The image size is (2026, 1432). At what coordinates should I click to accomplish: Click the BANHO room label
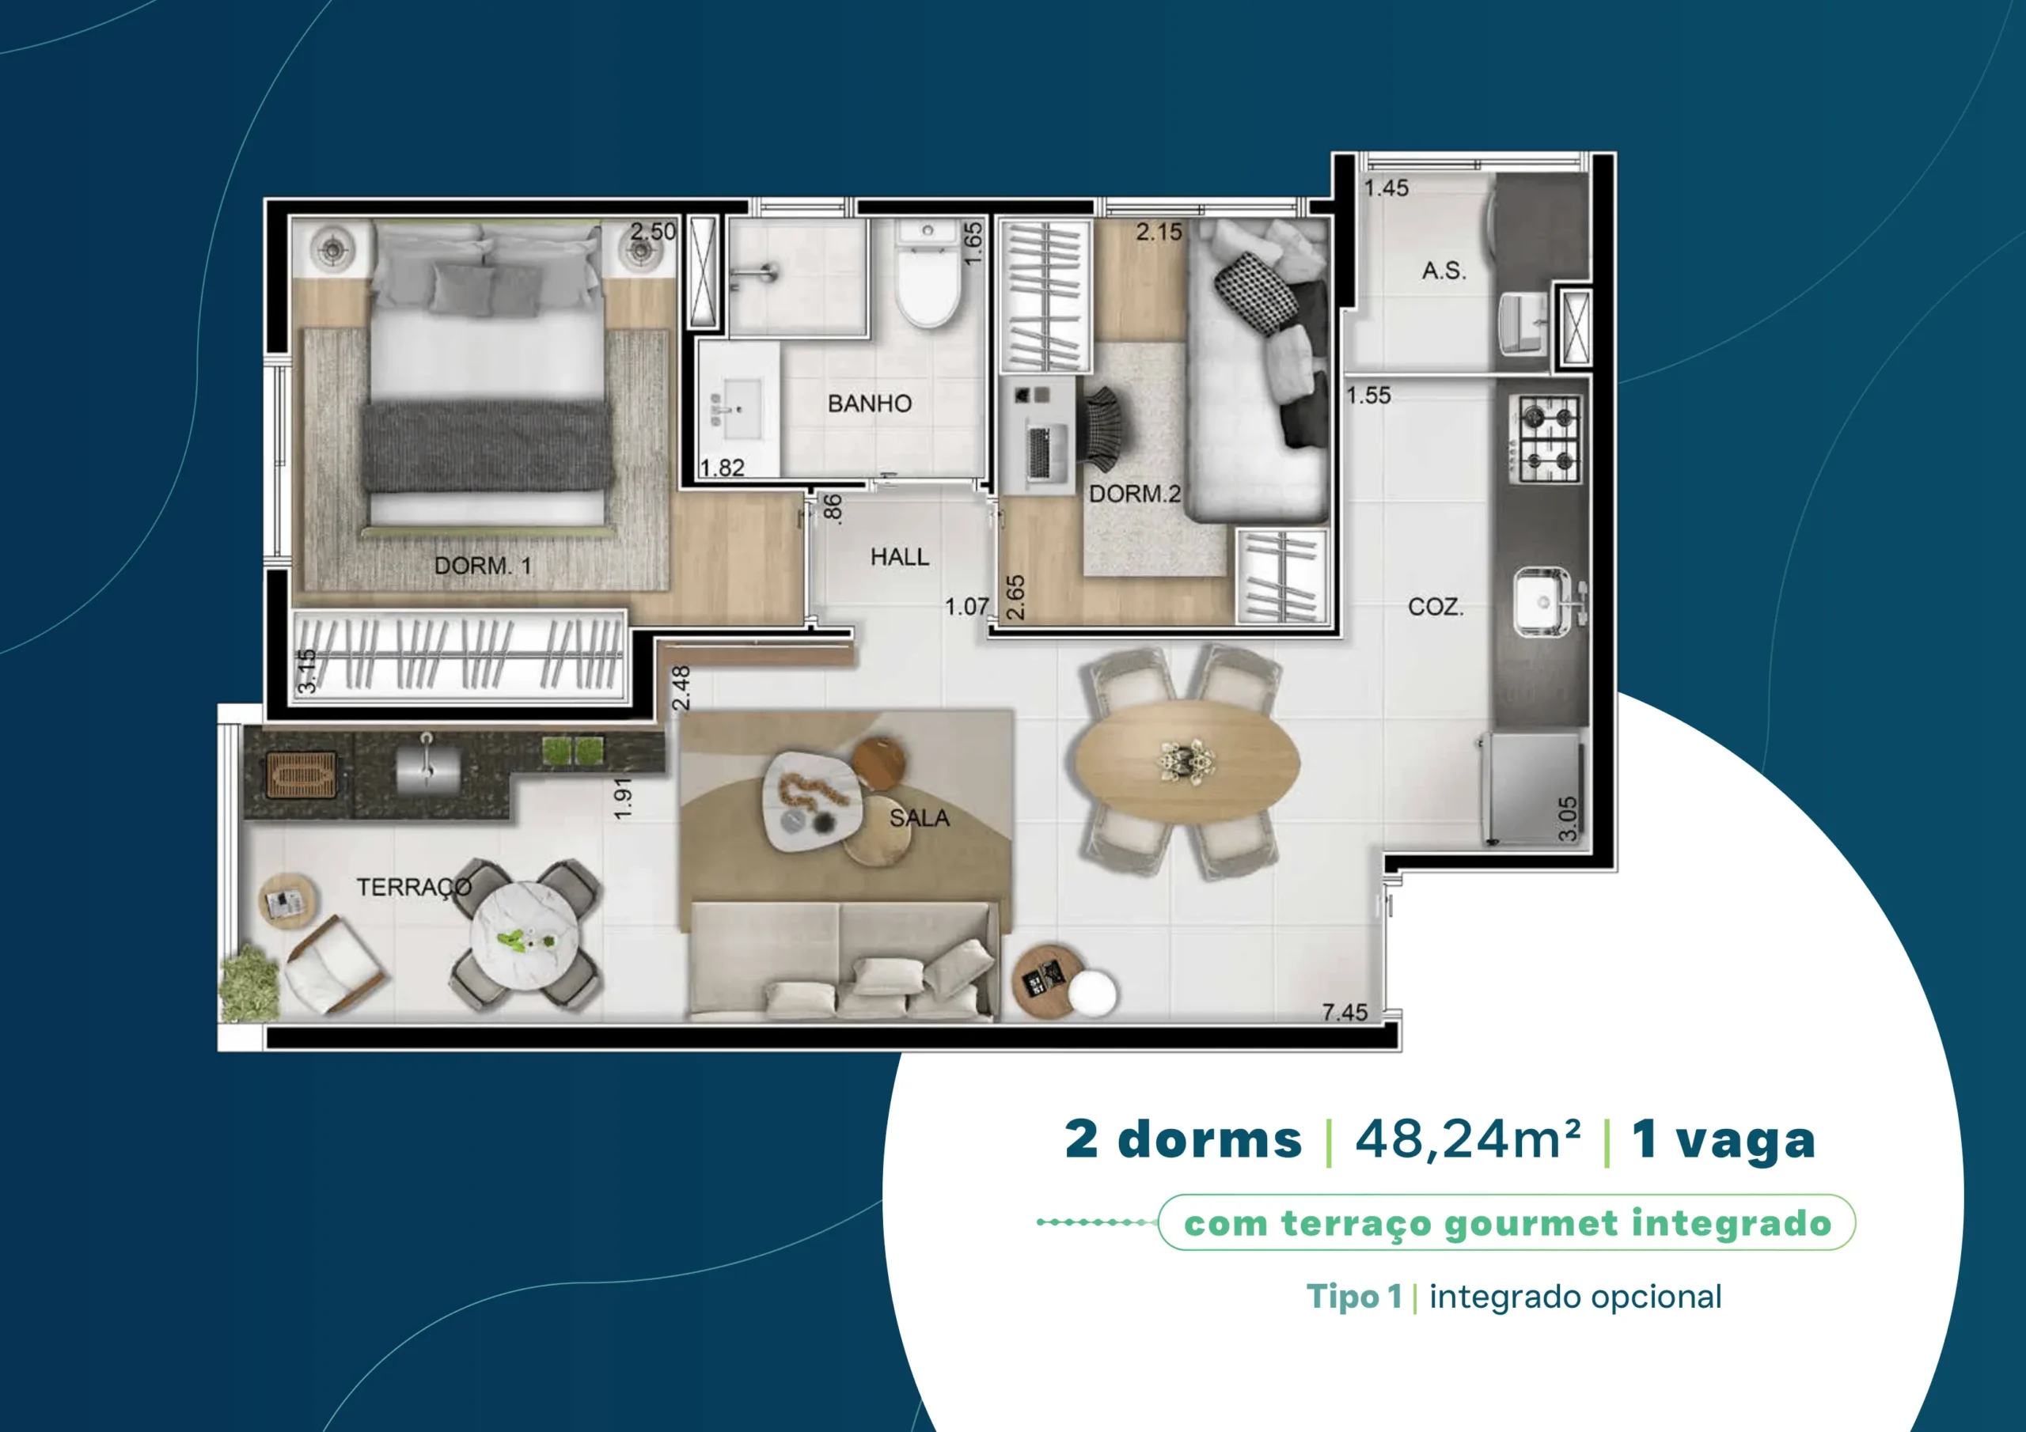pyautogui.click(x=869, y=403)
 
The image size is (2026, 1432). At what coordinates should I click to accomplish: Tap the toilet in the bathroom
pyautogui.click(x=928, y=274)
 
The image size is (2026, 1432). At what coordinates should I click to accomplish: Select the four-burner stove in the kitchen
pyautogui.click(x=1544, y=438)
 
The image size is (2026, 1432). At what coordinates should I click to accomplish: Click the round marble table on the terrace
pyautogui.click(x=525, y=935)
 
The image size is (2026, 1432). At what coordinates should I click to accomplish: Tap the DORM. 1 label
pyautogui.click(x=483, y=566)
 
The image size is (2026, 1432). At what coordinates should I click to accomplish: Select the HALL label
pyautogui.click(x=899, y=557)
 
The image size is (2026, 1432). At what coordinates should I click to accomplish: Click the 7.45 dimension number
pyautogui.click(x=1345, y=1012)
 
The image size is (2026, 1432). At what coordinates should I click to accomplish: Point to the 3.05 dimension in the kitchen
pyautogui.click(x=1567, y=819)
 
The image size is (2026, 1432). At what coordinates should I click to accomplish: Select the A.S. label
pyautogui.click(x=1444, y=271)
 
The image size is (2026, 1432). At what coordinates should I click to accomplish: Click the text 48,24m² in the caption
pyautogui.click(x=1467, y=1139)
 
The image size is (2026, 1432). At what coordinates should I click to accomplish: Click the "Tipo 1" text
pyautogui.click(x=1353, y=1296)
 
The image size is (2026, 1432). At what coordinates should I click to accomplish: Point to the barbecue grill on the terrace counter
pyautogui.click(x=302, y=775)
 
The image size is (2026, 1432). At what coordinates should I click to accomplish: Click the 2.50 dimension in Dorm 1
pyautogui.click(x=653, y=231)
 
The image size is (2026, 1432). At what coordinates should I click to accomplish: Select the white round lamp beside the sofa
pyautogui.click(x=1092, y=994)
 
